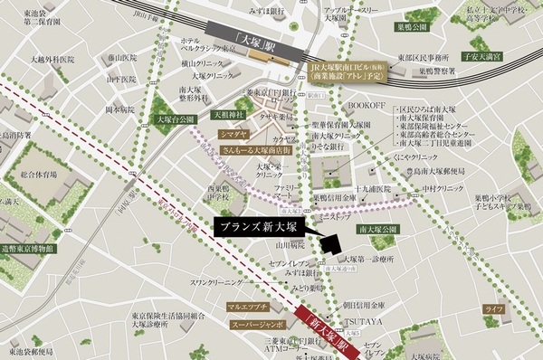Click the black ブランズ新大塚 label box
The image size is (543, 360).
[262, 226]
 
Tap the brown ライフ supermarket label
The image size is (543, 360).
[493, 310]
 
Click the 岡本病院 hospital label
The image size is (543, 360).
[119, 109]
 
